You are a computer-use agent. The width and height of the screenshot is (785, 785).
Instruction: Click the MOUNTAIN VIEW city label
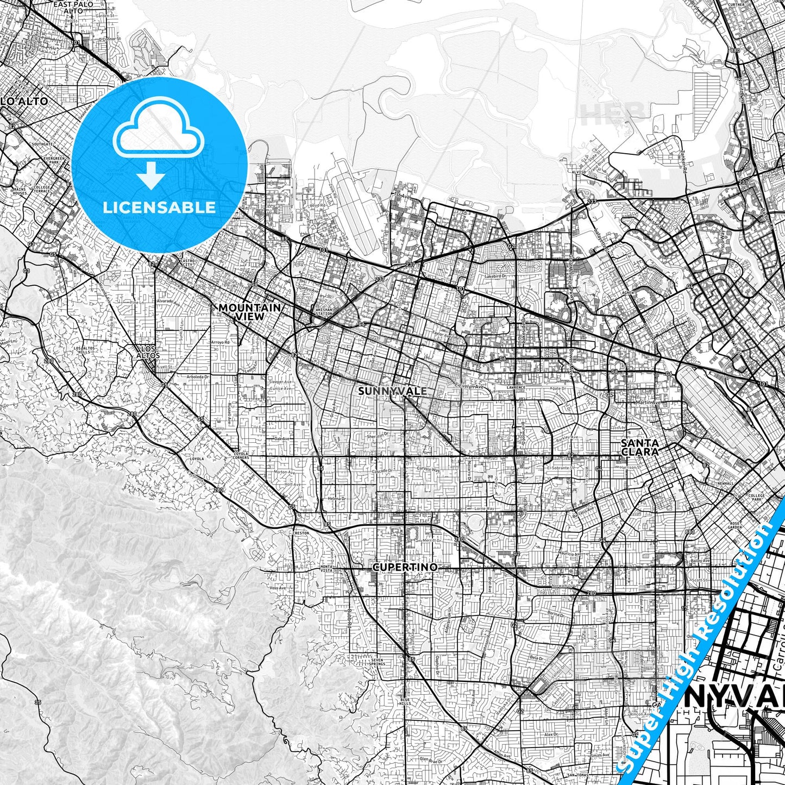pyautogui.click(x=250, y=312)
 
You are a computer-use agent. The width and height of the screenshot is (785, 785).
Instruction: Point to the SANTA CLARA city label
pyautogui.click(x=640, y=447)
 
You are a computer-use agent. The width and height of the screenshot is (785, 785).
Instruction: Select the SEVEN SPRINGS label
pyautogui.click(x=376, y=662)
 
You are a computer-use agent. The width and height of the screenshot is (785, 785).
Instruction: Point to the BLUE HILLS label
pyautogui.click(x=406, y=701)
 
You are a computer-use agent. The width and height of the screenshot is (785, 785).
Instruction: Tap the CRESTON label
pyautogui.click(x=300, y=533)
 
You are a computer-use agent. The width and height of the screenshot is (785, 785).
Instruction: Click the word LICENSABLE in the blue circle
pyautogui.click(x=159, y=208)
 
